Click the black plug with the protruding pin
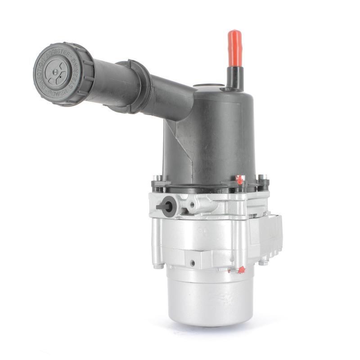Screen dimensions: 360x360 pos(167,207)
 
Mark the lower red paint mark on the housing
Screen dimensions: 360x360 pos(241,270)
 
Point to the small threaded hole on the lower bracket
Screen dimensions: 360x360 pos(192,262)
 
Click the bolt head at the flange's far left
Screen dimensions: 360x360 pos(156,178)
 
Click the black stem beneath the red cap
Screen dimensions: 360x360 pos(234,76)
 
